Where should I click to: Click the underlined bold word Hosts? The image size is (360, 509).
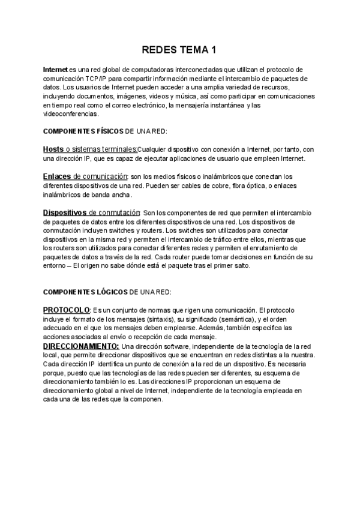[x=53, y=149]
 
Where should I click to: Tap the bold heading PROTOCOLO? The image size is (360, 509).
[x=66, y=310]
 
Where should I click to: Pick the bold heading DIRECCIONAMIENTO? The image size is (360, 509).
[x=81, y=346]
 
